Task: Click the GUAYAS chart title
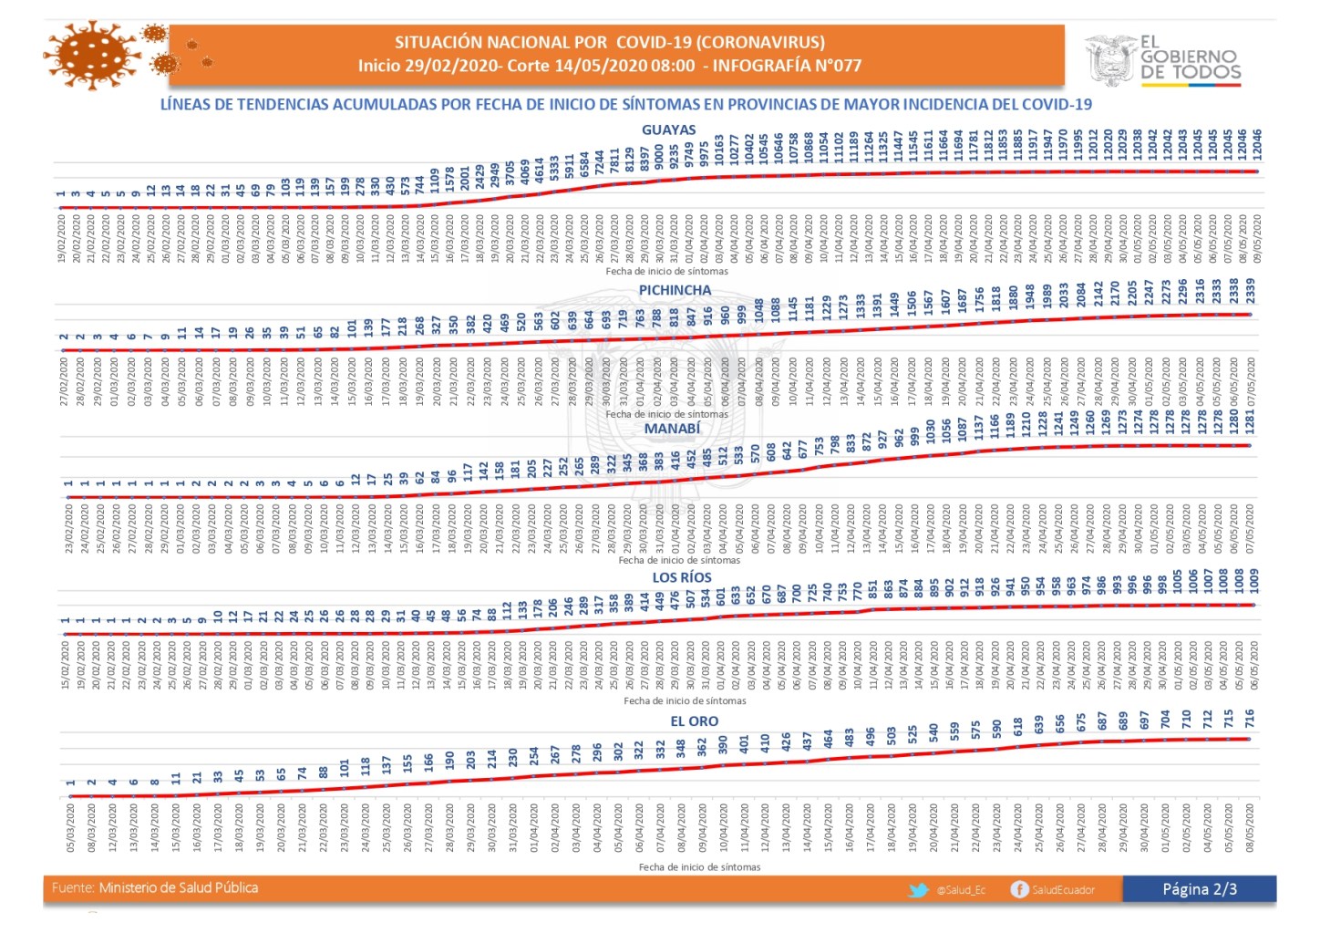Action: [x=668, y=130]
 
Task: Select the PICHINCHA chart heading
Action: [x=675, y=290]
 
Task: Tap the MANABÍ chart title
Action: [x=672, y=429]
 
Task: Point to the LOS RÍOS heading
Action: [x=682, y=577]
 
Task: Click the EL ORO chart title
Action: [x=694, y=721]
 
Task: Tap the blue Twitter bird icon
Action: [x=918, y=889]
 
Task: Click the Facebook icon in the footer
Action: [x=1019, y=889]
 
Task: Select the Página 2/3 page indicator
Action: [x=1199, y=889]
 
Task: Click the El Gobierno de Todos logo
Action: [x=1163, y=59]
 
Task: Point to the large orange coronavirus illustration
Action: [x=92, y=55]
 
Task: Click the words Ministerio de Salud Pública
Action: [x=178, y=888]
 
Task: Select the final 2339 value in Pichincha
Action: [x=1250, y=293]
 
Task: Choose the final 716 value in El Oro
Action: [x=1249, y=719]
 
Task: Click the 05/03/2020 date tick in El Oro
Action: [x=71, y=827]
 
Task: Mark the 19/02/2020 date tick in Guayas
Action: [x=62, y=239]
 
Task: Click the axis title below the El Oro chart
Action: [x=699, y=867]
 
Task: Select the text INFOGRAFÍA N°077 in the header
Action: [x=787, y=66]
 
